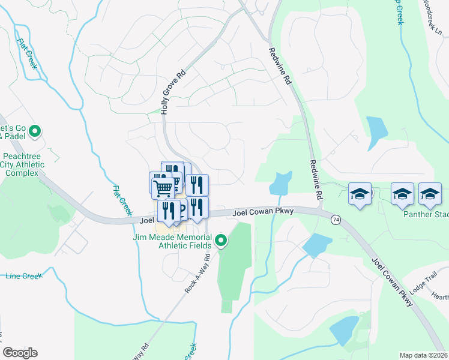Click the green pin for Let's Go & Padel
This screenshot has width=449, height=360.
(x=35, y=130)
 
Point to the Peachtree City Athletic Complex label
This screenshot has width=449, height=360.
(x=24, y=164)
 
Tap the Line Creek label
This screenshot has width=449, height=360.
(x=23, y=276)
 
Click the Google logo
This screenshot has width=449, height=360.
(x=20, y=353)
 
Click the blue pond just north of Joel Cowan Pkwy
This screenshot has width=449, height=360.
(x=280, y=183)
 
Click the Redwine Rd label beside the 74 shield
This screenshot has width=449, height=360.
(x=316, y=179)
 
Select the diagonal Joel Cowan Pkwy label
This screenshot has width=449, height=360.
(x=392, y=282)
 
